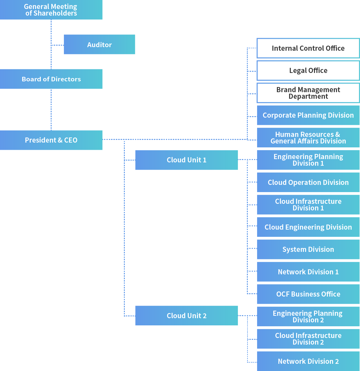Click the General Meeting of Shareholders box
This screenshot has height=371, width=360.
click(51, 10)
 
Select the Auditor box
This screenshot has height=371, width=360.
click(99, 44)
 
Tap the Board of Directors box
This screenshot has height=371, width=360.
click(51, 79)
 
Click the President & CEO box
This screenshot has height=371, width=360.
click(51, 140)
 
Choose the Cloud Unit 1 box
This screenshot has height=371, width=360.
click(186, 160)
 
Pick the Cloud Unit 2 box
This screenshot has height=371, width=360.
click(186, 315)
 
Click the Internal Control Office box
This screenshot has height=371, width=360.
click(308, 48)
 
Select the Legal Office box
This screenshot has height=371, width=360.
click(308, 71)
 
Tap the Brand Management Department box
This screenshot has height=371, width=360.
click(308, 93)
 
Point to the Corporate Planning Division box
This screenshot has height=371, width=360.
click(308, 115)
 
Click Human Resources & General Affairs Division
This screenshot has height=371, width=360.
click(308, 137)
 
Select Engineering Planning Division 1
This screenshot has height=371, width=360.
click(308, 160)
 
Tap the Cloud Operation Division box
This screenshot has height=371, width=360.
click(308, 182)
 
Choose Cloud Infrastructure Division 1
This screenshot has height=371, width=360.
click(308, 205)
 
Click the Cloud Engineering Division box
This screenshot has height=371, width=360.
click(308, 227)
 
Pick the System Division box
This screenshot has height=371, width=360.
click(308, 249)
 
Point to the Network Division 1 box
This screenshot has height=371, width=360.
click(308, 272)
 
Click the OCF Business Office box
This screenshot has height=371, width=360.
click(308, 294)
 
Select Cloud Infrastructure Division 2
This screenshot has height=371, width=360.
click(308, 339)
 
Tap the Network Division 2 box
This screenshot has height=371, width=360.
click(308, 361)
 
